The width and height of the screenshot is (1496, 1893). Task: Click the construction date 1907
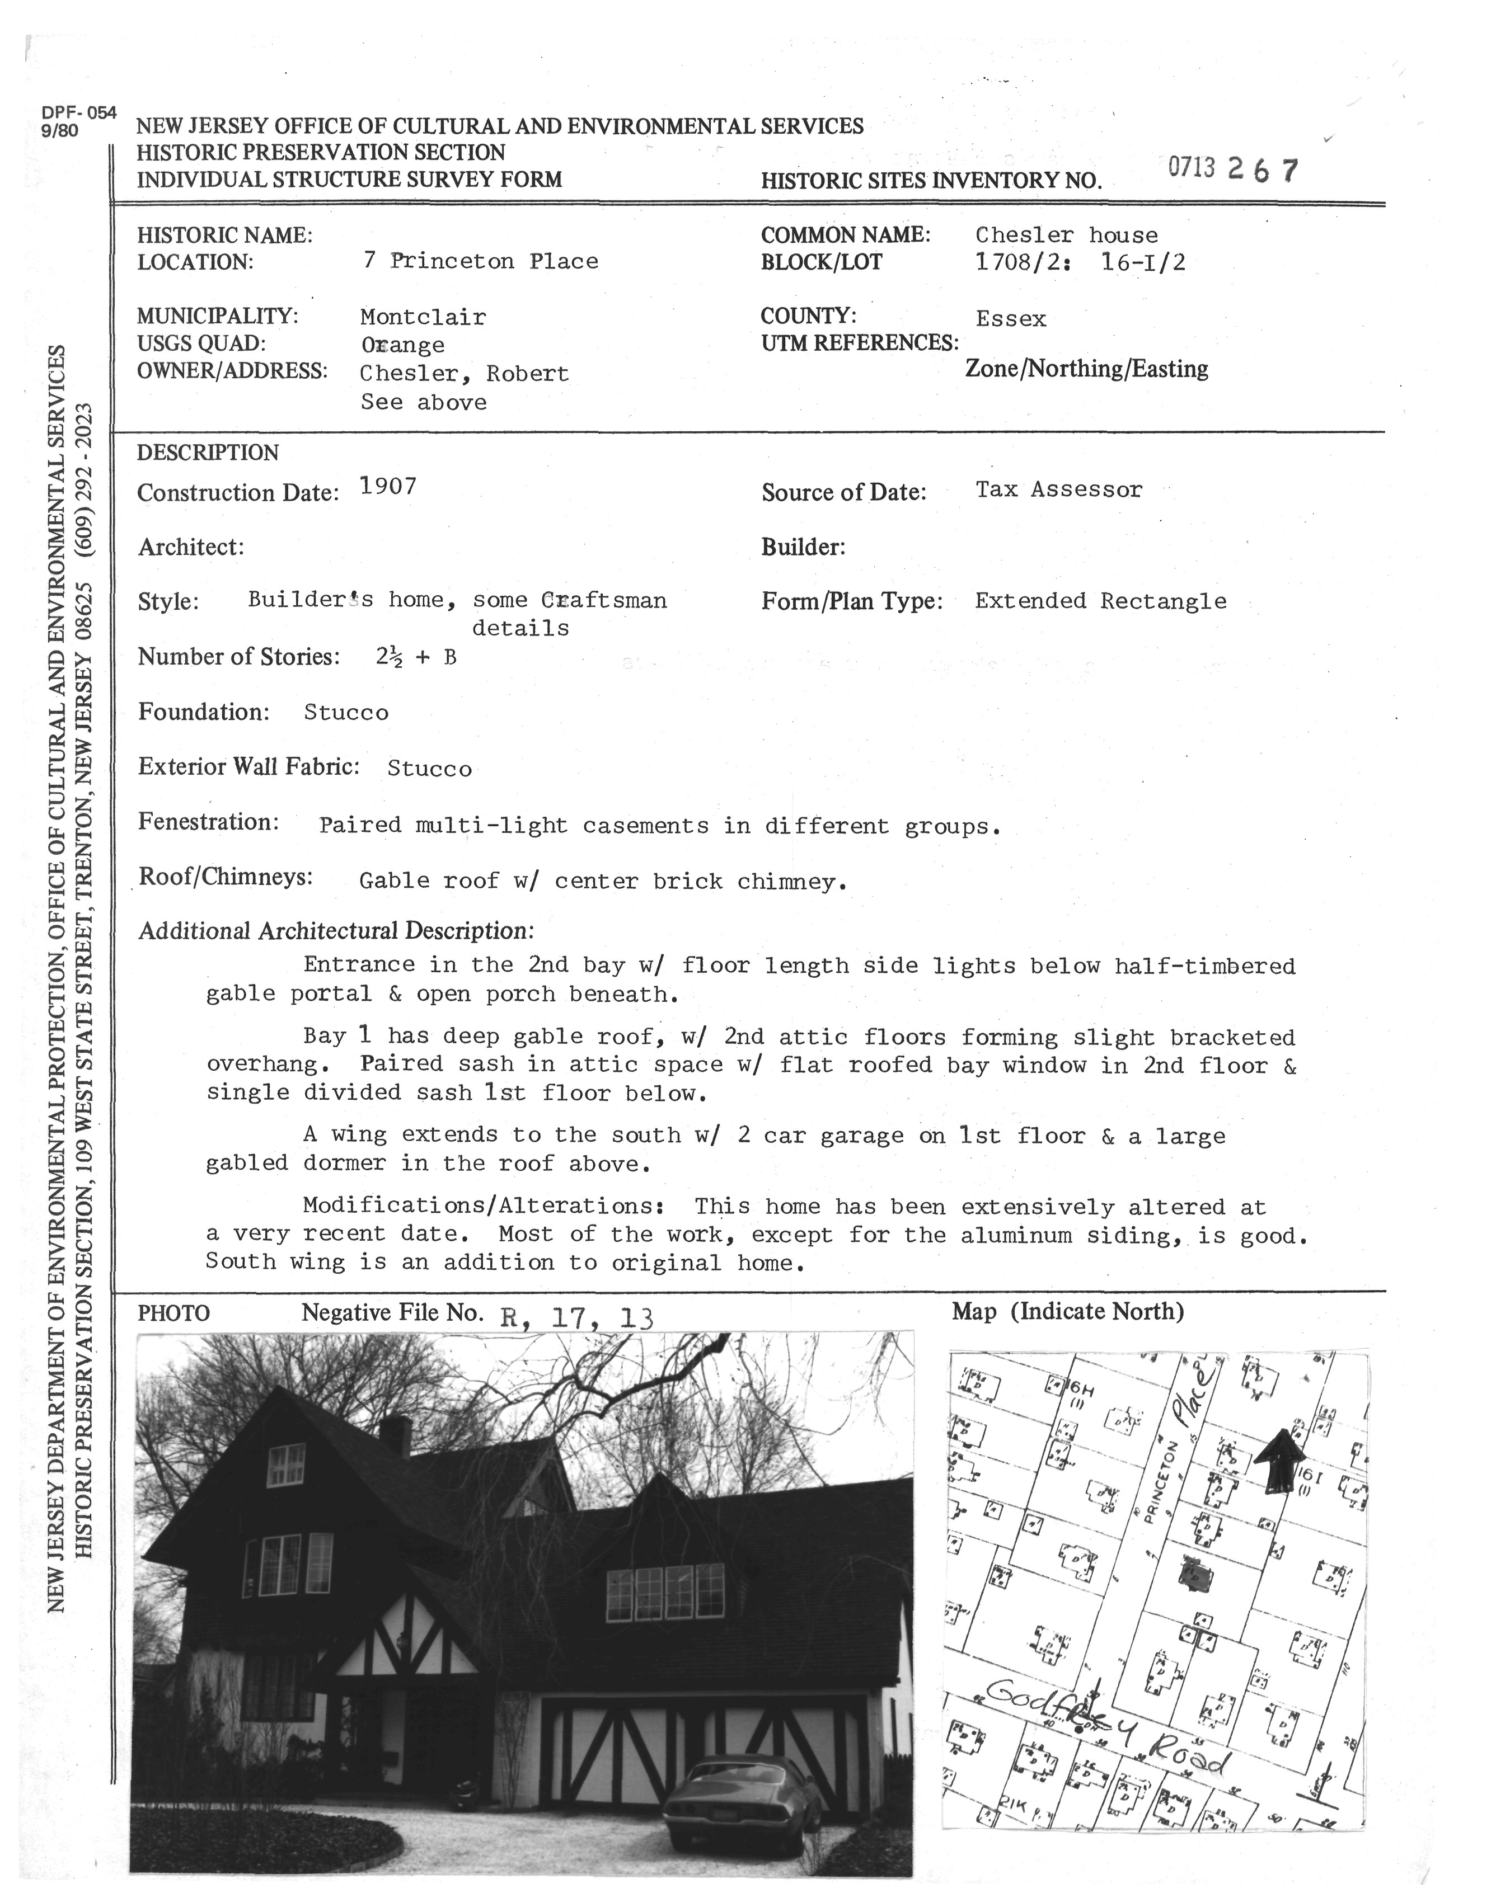tap(388, 487)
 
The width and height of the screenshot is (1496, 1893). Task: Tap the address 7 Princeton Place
tap(480, 261)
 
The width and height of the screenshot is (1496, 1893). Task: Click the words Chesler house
tap(1066, 234)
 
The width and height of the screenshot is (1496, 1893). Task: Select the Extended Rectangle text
tap(1100, 601)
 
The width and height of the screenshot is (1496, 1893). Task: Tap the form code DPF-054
tap(78, 112)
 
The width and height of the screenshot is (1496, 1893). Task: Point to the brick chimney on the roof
tap(395, 1434)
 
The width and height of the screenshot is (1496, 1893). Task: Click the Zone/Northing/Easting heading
tap(1086, 369)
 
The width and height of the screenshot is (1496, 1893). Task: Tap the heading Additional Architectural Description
tap(335, 931)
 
